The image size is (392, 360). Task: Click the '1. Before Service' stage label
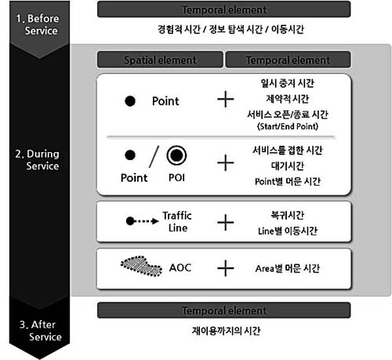coord(38,24)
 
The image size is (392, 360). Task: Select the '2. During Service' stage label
coord(37,160)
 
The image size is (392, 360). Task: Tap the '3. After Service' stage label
coord(41,330)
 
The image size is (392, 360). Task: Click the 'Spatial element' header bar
coord(160,60)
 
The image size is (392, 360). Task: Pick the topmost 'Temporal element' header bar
coord(224,9)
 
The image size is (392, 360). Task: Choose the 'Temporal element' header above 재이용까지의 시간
coord(224,311)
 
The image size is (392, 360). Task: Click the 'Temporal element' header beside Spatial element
coord(288,60)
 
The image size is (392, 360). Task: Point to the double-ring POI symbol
coord(176,155)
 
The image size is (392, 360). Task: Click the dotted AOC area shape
coord(141,266)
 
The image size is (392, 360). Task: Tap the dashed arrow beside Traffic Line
coord(142,221)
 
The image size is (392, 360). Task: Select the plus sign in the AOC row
coord(226,268)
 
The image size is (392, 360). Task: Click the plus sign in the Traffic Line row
coord(226,223)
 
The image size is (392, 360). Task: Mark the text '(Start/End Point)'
coord(288,126)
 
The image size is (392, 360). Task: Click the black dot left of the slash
coord(130,155)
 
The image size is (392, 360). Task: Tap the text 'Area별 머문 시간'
coord(288,268)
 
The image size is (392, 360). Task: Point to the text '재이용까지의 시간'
coord(226,331)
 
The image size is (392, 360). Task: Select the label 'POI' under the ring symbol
coord(176,178)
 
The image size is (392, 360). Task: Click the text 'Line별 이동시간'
coord(288,231)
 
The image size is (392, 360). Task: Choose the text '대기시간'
coord(288,165)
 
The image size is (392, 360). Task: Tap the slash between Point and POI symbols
coord(154,157)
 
